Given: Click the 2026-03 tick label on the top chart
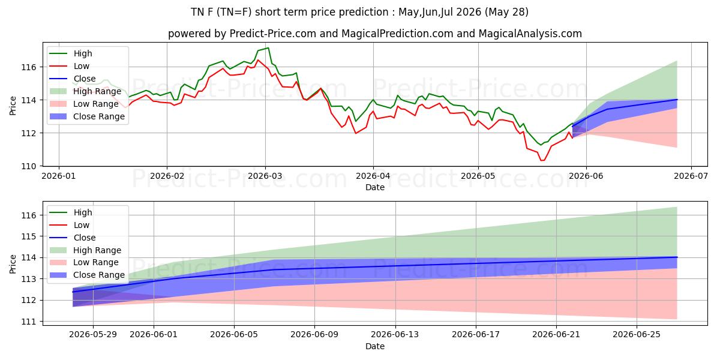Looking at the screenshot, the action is click(265, 176).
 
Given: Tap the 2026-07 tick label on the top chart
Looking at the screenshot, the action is click(691, 176).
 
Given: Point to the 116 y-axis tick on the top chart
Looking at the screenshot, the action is click(29, 67).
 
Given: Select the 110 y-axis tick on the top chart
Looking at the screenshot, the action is click(29, 166).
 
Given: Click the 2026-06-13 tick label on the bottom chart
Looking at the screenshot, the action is click(395, 335).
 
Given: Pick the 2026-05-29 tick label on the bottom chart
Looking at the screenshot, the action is click(93, 335).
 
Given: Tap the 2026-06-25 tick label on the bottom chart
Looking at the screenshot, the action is click(637, 335).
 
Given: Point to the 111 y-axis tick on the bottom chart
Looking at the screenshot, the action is click(29, 322).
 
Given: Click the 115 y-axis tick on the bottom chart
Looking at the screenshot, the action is click(29, 236).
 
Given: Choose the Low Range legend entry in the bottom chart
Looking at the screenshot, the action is click(84, 262).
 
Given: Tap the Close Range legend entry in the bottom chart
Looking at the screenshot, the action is click(87, 275).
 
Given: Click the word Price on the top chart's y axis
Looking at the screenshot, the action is click(13, 106).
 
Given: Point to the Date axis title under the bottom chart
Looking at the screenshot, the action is click(375, 346).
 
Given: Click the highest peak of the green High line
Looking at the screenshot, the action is click(268, 48).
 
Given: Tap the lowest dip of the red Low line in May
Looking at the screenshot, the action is click(542, 160).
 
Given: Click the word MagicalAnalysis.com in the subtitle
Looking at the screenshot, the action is click(530, 34).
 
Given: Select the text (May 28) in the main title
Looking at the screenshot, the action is click(506, 12).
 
